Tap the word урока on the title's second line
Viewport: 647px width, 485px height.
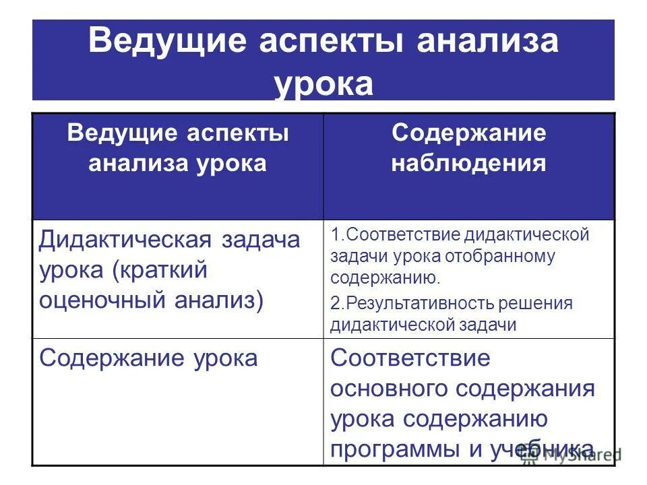323,85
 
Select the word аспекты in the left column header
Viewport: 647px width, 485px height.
236,133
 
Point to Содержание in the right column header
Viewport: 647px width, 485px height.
469,133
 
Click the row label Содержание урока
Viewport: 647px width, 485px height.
148,358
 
